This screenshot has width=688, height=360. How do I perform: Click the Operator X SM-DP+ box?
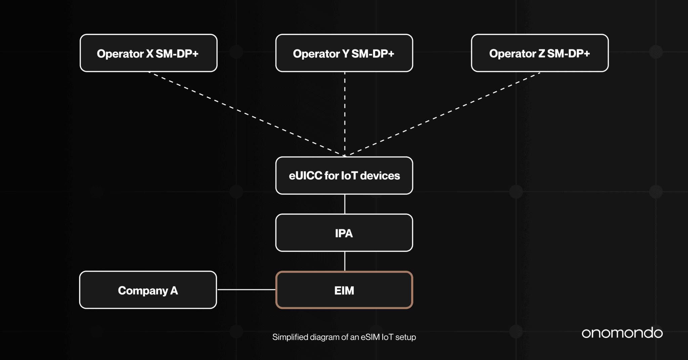148,53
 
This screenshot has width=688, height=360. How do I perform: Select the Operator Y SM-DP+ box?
344,53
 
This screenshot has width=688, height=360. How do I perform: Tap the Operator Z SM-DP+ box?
540,53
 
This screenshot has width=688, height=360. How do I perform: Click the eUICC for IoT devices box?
344,176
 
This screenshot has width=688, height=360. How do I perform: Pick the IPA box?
344,233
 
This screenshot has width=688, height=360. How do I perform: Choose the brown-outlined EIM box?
344,290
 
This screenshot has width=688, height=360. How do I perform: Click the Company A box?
148,290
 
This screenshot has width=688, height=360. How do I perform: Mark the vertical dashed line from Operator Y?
345,114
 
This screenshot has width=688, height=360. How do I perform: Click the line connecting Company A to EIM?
246,289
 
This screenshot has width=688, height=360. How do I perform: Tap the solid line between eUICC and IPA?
345,204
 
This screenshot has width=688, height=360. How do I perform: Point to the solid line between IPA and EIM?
345,261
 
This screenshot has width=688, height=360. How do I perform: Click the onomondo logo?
622,333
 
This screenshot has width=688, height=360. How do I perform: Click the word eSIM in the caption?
370,337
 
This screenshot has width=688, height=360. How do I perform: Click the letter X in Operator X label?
149,54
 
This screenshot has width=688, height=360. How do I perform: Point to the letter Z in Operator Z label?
542,54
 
